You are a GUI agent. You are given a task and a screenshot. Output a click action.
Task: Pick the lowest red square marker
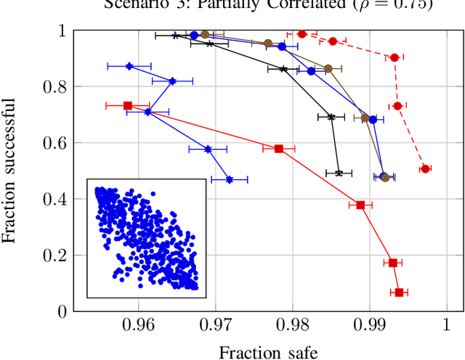(399, 292)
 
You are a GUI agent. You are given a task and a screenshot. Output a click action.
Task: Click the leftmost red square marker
(128, 106)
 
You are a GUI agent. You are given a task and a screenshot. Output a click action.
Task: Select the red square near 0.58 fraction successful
(279, 149)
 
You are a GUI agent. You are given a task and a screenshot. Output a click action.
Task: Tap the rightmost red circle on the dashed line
(425, 168)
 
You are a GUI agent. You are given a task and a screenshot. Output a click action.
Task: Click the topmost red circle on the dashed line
(302, 33)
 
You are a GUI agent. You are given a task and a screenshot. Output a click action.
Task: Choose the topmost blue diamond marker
(129, 66)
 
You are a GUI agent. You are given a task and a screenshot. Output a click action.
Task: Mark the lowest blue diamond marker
(230, 179)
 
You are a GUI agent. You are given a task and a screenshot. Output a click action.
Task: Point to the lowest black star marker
(339, 173)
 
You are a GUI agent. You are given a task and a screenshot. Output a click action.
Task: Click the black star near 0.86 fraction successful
(284, 69)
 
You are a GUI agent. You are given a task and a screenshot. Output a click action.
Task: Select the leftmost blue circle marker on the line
(194, 35)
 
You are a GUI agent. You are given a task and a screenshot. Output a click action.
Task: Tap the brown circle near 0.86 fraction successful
(328, 68)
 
